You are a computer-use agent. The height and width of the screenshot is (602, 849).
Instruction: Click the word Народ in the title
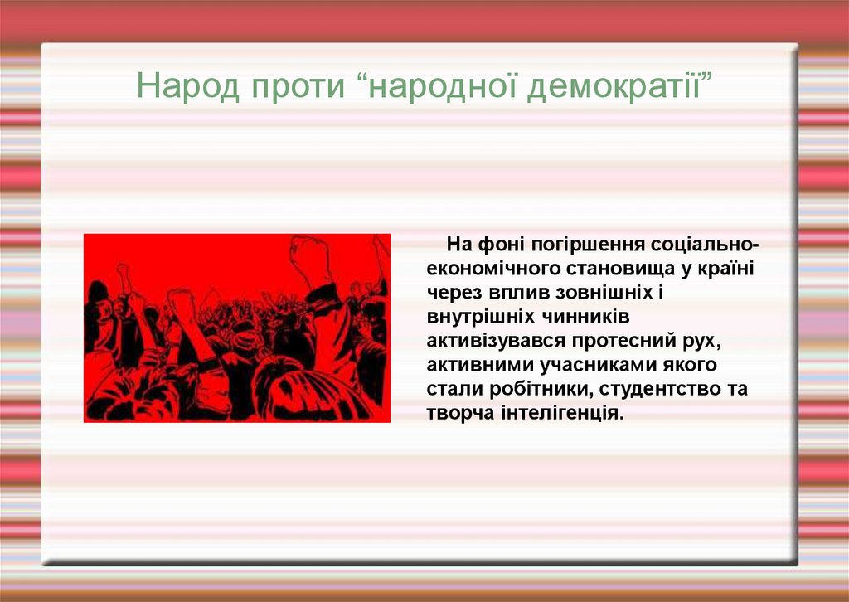[x=188, y=85]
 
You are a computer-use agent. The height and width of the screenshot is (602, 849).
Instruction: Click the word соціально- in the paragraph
[x=705, y=245]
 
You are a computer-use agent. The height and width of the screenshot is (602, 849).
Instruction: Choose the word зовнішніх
[x=598, y=293]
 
